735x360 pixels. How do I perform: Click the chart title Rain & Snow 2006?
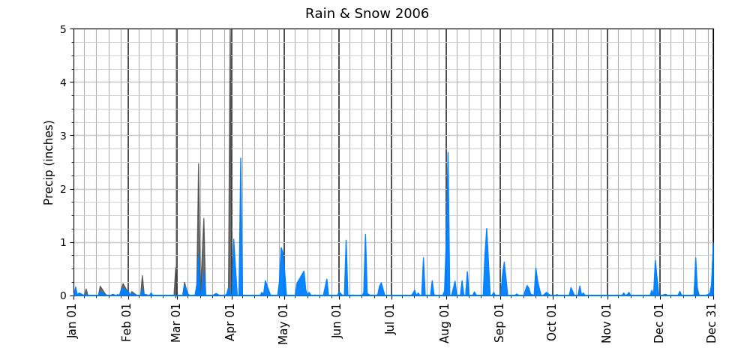pyautogui.click(x=367, y=13)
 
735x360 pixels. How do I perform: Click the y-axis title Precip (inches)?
pyautogui.click(x=49, y=162)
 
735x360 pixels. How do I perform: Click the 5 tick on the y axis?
pyautogui.click(x=63, y=29)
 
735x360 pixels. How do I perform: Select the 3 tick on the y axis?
pyautogui.click(x=63, y=136)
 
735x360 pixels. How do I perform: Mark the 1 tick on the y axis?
pyautogui.click(x=63, y=242)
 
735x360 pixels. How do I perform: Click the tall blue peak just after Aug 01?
pyautogui.click(x=448, y=157)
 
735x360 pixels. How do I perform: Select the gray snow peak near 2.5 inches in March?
pyautogui.click(x=199, y=169)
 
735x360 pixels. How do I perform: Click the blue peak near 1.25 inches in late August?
pyautogui.click(x=486, y=232)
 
